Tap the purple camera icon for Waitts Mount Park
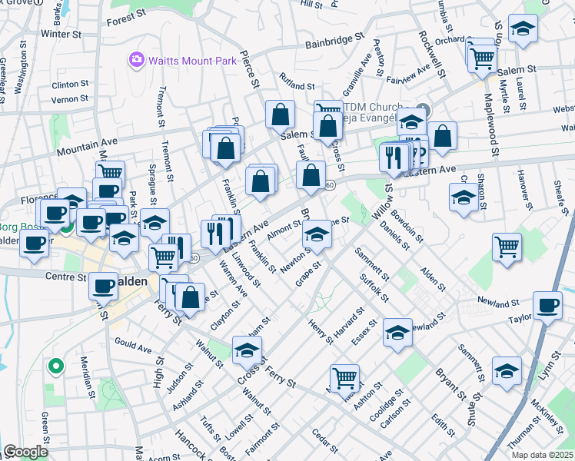pos(138,58)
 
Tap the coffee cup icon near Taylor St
pos(547,305)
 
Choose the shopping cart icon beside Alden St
pos(507,247)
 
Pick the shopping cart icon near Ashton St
pos(344,377)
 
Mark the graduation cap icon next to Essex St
pos(397,332)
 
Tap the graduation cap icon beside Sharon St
pos(464,198)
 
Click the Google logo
pos(25,452)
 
